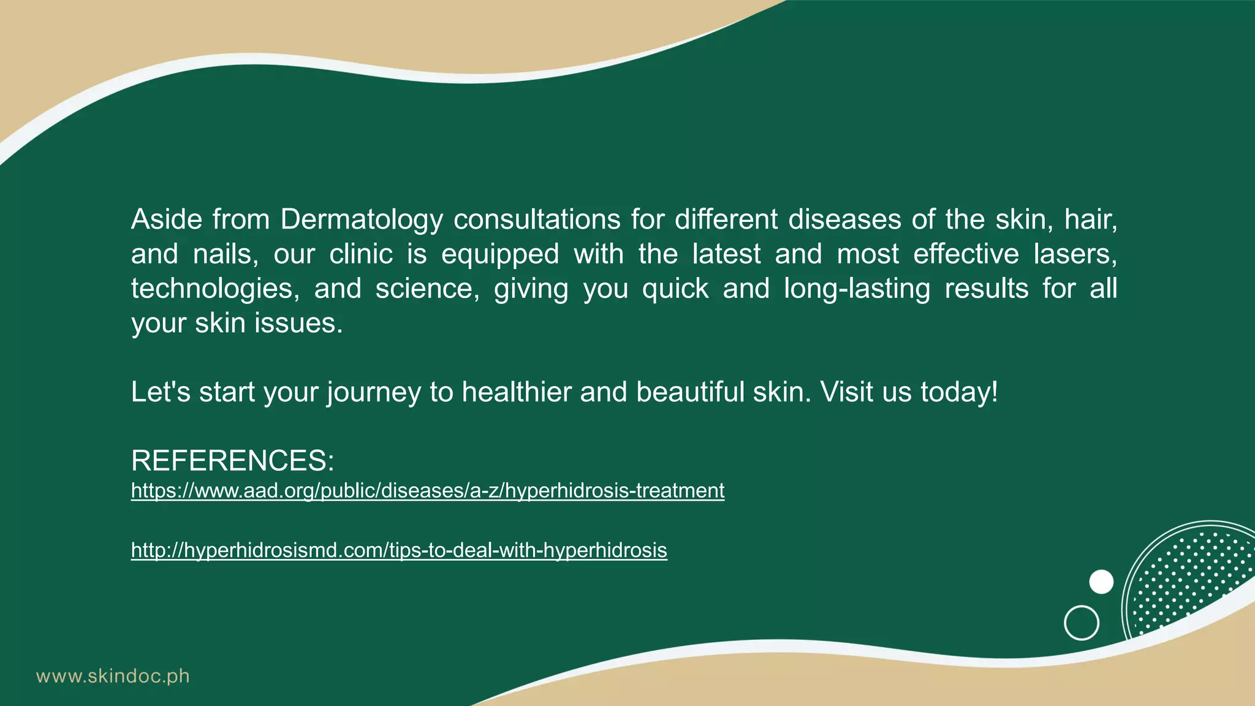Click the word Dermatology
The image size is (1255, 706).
361,219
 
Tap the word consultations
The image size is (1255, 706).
537,219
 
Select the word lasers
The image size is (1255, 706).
1075,254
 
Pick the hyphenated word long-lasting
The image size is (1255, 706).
857,289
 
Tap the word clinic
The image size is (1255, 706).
361,254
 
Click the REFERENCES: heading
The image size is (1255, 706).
233,460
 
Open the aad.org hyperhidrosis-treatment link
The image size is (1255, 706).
428,491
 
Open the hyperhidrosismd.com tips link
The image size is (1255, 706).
399,550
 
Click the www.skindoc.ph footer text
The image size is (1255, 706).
113,677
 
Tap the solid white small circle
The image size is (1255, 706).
1101,582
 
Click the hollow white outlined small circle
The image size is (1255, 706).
1082,623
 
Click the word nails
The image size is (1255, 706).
225,254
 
